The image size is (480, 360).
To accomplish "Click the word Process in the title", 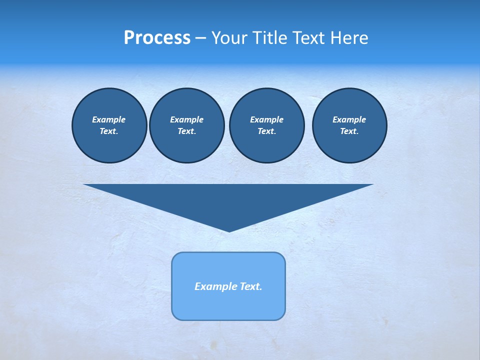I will (157, 38).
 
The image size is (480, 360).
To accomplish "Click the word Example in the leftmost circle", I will (109, 119).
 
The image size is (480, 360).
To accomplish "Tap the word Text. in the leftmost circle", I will (109, 131).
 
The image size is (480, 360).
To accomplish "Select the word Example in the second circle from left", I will (186, 119).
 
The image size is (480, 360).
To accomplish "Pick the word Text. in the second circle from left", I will (186, 131).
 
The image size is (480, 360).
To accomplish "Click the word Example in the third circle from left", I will (266, 119).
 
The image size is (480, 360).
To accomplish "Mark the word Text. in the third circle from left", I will (266, 131).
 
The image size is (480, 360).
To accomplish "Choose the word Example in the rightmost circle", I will (349, 119).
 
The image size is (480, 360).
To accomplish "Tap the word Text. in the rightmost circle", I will (349, 131).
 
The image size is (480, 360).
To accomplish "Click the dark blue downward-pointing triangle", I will (228, 200).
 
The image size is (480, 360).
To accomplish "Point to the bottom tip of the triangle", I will (229, 230).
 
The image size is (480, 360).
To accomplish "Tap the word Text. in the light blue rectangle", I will (251, 286).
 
